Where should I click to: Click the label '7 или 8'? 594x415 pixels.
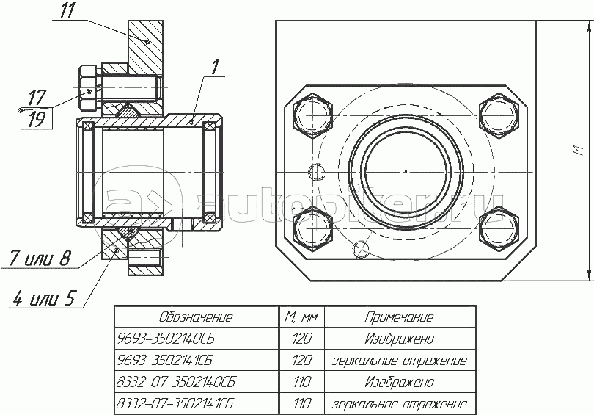pos(40,258)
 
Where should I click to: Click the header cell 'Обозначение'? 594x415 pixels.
pos(196,317)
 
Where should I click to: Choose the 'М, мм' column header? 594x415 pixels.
pos(301,317)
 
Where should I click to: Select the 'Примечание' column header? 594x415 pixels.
pos(398,317)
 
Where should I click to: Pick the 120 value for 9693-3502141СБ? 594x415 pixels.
pos(301,361)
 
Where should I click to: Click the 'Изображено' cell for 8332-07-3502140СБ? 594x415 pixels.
pos(398,383)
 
